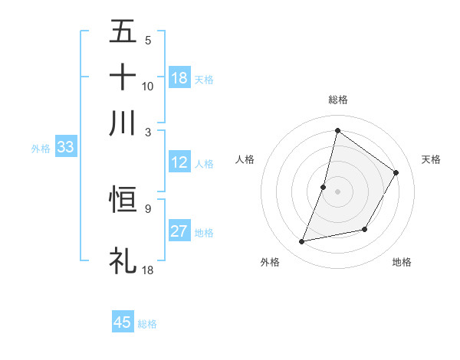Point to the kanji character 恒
coord(123,200)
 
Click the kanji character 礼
coord(123,260)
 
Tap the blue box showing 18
coord(179,77)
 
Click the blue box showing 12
coord(179,162)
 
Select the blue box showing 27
coord(179,231)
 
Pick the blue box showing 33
coord(64,148)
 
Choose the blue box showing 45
coord(123,322)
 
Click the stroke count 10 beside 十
coord(148,86)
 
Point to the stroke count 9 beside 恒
coord(147,207)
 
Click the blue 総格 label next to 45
coord(147,324)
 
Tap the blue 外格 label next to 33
coord(40,149)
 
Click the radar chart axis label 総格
coord(337,100)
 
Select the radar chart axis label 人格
coord(245,159)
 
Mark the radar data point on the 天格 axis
coord(396,172)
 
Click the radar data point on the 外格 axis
coord(302,242)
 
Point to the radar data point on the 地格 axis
coord(365,229)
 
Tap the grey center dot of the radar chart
coord(337,191)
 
